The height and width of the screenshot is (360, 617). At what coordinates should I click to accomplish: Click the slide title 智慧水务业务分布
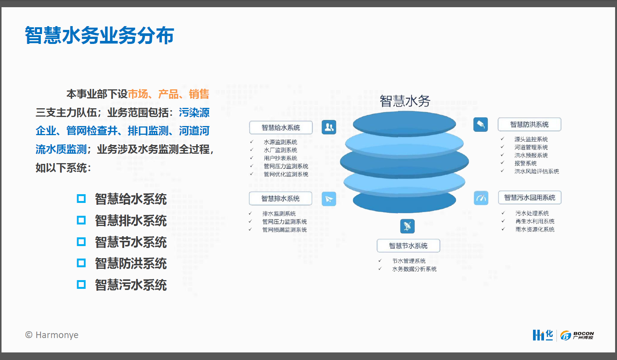click(x=99, y=35)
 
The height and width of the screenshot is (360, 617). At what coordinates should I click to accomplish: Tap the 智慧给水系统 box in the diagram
click(x=281, y=128)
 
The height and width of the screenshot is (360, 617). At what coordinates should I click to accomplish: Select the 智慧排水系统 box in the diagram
click(x=280, y=198)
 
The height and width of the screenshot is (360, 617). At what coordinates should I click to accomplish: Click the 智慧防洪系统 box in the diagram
click(x=529, y=124)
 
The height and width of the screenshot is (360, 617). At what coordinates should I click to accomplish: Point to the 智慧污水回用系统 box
click(x=529, y=197)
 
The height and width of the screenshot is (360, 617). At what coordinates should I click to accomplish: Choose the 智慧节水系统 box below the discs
click(x=408, y=246)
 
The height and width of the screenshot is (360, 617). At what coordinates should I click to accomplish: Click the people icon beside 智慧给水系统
click(x=329, y=127)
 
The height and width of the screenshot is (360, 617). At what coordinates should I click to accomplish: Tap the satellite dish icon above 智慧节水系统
click(x=407, y=226)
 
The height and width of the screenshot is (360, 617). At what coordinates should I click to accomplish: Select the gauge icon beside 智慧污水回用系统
click(x=481, y=198)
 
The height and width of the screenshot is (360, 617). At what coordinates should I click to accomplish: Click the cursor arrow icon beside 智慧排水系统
click(x=329, y=199)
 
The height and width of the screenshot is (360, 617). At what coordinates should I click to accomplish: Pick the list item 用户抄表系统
click(x=280, y=158)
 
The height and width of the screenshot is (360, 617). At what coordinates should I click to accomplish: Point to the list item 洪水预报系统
click(x=531, y=155)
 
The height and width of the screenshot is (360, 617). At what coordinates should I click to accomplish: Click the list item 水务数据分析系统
click(x=414, y=269)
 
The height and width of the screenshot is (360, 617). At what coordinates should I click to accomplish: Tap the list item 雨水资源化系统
click(x=535, y=229)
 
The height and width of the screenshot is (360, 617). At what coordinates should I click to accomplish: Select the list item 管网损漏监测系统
click(x=284, y=230)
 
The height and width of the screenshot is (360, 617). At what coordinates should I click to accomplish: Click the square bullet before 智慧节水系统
click(x=81, y=242)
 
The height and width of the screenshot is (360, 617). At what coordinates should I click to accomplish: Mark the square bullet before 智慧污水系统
click(x=81, y=284)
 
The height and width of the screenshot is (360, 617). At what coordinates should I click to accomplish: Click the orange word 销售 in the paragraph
click(x=199, y=94)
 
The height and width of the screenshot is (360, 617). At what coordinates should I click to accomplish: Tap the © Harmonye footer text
click(x=52, y=335)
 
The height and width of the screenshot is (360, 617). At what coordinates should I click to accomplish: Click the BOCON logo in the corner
click(x=577, y=335)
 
